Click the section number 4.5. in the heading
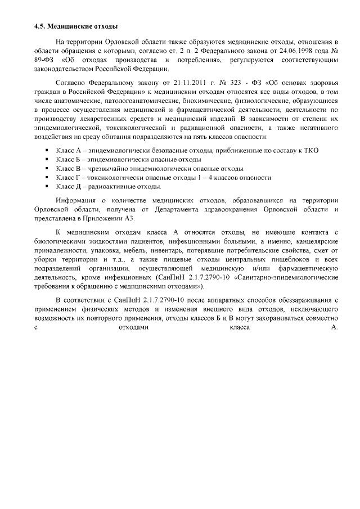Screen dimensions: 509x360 point(39,26)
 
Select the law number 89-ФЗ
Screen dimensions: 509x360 point(42,59)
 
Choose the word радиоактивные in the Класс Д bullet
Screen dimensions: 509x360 point(112,186)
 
